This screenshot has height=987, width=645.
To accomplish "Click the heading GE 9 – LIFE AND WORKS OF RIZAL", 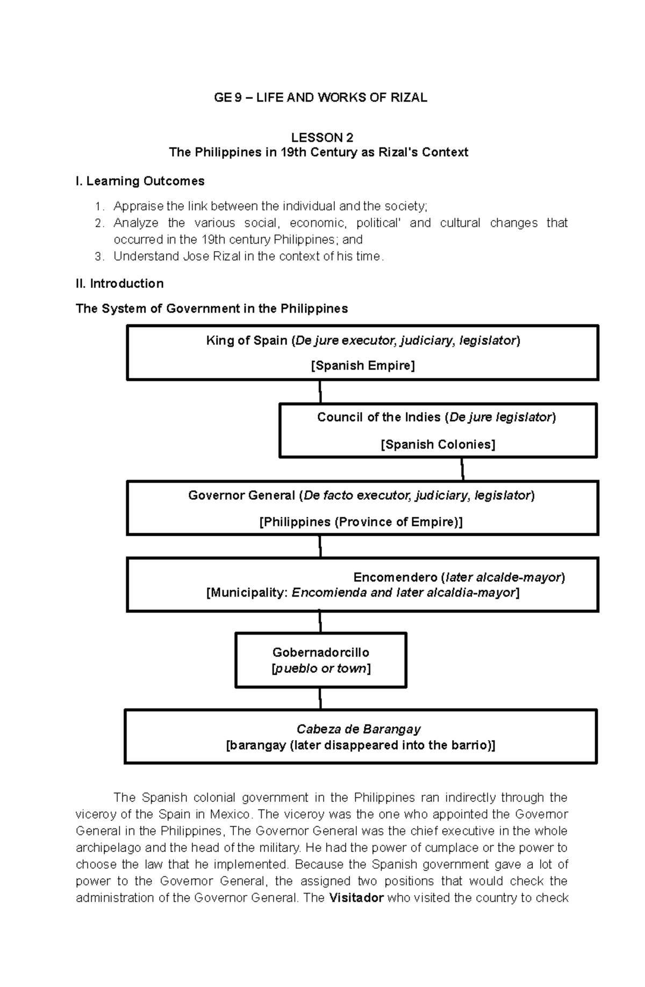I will coord(320,97).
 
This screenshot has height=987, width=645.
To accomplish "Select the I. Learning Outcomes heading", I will coord(140,181).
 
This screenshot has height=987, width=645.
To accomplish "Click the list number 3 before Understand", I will coord(98,257).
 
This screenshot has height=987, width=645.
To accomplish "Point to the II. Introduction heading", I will coord(119,283).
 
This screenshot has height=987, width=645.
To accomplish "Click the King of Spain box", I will coord(362,352).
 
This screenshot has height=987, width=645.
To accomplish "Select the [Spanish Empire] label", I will coord(363,366).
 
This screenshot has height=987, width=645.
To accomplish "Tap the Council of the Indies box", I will coord(438,430).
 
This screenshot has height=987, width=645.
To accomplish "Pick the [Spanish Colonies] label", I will coord(438,444).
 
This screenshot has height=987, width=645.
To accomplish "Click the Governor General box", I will coord(362,508).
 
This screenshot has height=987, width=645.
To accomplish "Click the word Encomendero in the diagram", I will coord(395,577).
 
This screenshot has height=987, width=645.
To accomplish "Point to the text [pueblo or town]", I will coord(320,669).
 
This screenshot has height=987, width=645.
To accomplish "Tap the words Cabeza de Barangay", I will coord(359,729).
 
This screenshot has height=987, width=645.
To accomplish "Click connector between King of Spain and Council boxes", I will coord(320,392).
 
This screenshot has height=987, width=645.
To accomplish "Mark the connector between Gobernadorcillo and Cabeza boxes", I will coord(320,698).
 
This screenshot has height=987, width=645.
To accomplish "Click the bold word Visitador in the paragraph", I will coord(356,898).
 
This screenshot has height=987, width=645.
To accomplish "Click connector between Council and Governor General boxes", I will coord(462,469).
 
